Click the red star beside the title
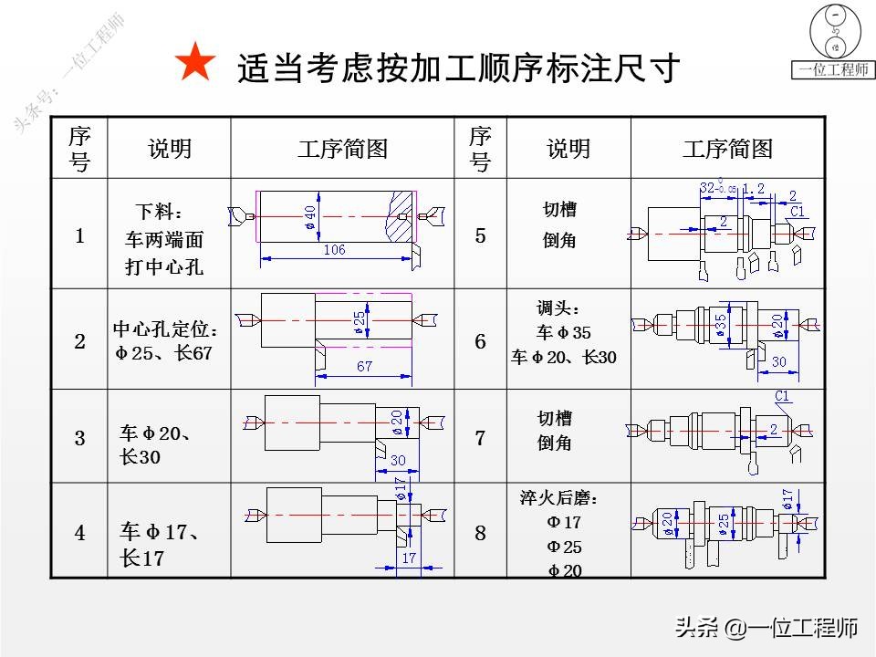195,65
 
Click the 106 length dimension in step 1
334,250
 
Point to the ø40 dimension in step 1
310,217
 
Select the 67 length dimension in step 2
364,366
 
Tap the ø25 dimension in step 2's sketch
360,318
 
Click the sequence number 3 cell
79,438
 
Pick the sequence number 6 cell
481,341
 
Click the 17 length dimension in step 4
408,557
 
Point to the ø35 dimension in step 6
721,326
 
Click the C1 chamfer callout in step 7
782,395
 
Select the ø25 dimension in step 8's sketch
724,524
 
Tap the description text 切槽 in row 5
559,210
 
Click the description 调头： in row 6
558,308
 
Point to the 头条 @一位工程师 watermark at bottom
766,628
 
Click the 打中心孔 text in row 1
164,267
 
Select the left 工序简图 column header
342,148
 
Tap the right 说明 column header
568,148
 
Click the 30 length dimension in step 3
398,461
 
